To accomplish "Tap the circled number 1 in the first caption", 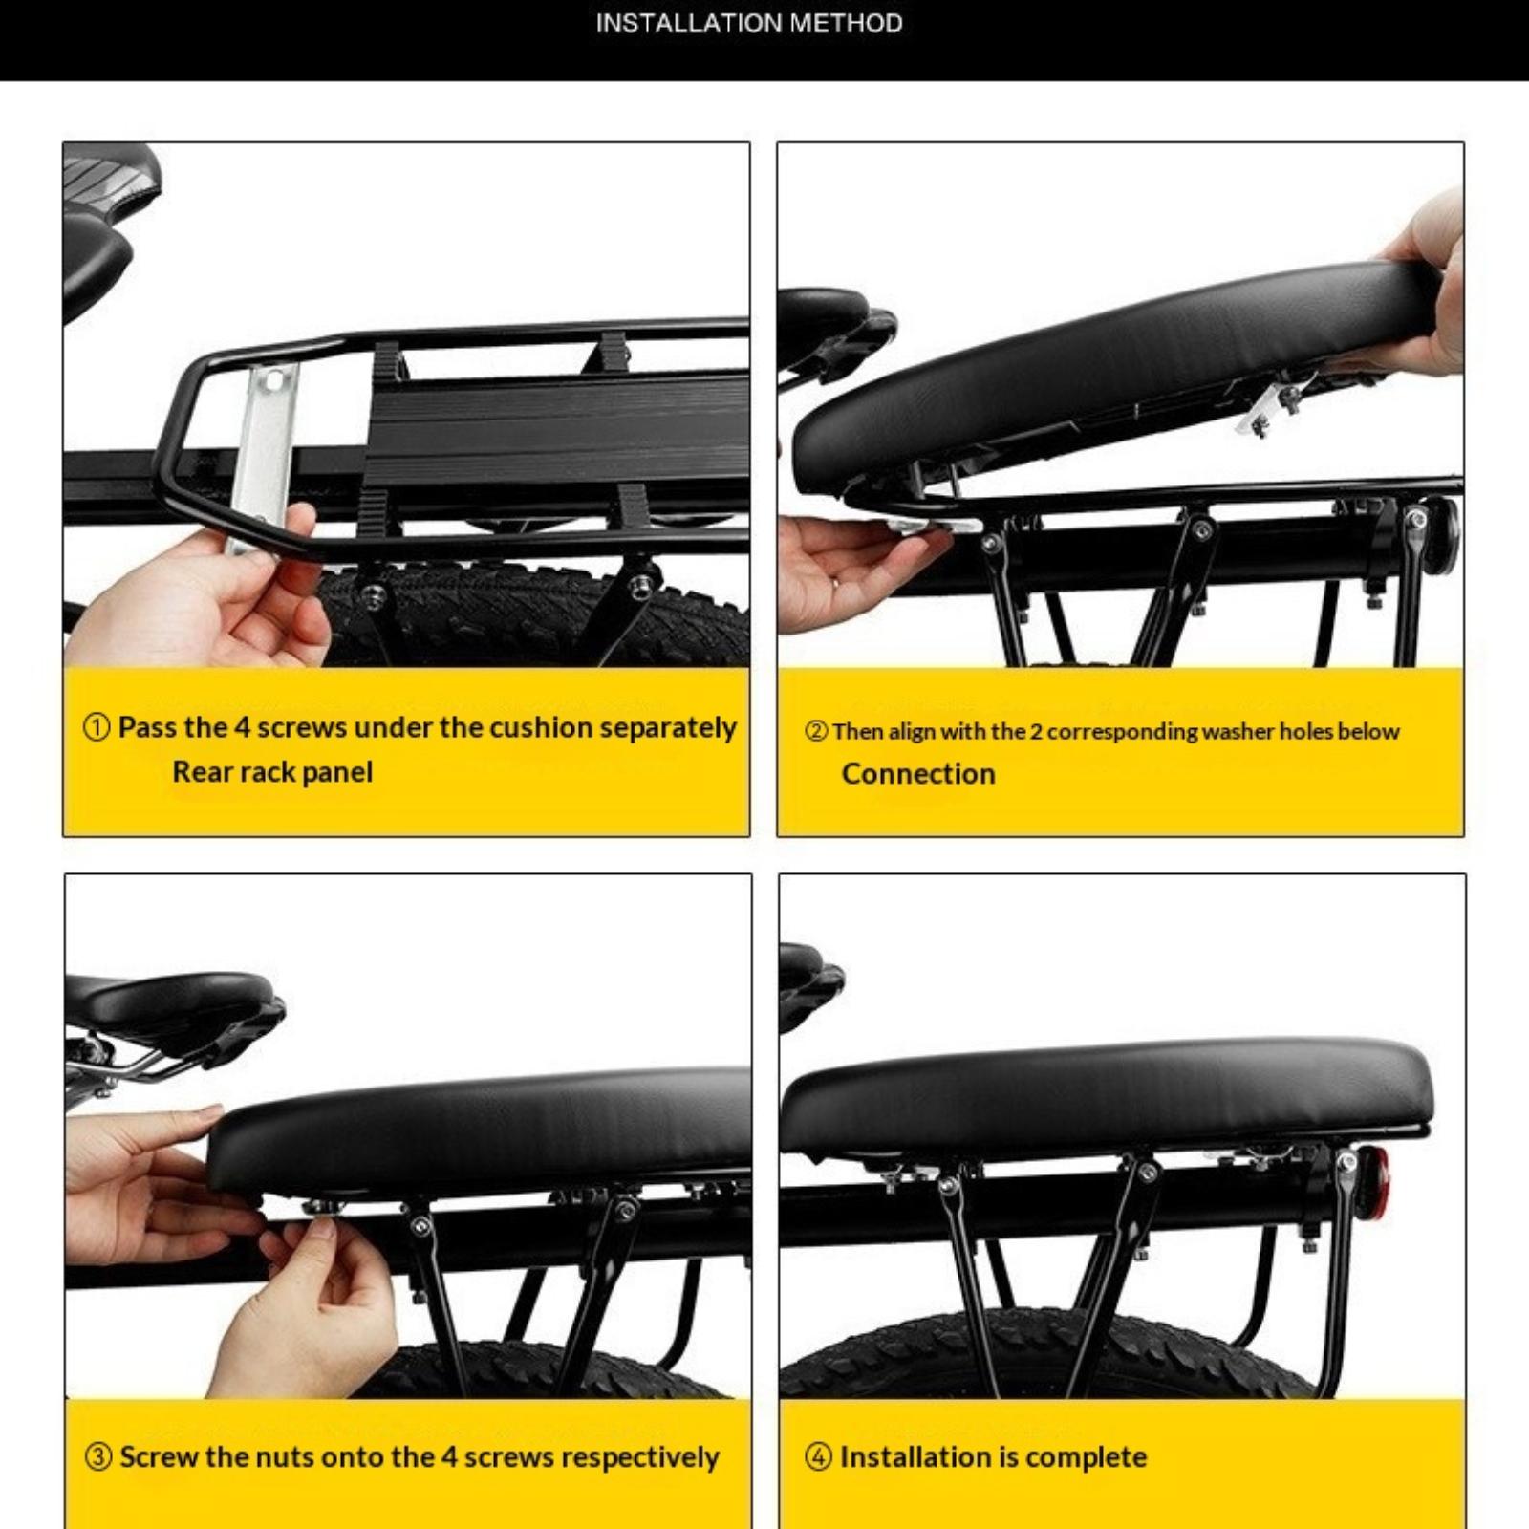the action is pos(97,728).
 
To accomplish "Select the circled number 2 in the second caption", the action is pos(816,732).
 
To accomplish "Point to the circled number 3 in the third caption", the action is pos(98,1458).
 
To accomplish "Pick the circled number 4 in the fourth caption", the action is pos(819,1458).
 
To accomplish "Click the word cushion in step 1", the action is pos(540,727).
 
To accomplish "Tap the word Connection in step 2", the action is pos(918,773).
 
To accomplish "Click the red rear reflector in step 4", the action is pos(1373,1185).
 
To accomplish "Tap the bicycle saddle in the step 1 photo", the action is pos(100,239).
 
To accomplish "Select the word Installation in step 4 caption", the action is pos(915,1457).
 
